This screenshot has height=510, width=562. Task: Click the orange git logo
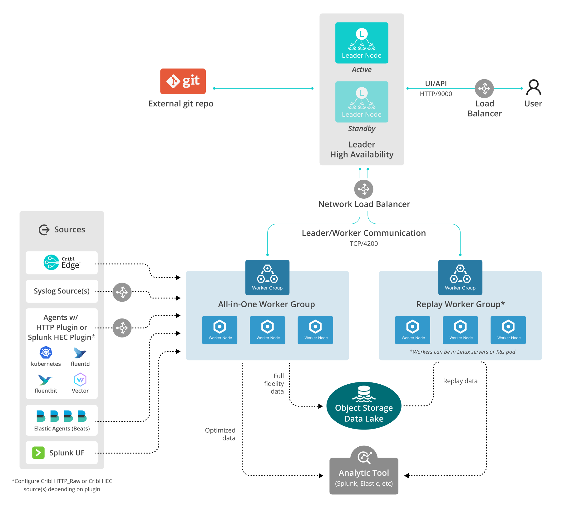pos(183,81)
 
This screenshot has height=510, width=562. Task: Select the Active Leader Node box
pos(362,43)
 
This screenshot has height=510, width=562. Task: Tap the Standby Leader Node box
pos(362,102)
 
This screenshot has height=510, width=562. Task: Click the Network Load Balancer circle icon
pos(363,189)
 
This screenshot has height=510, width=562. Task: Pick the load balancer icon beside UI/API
pos(484,89)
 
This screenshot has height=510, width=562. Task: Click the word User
pos(533,104)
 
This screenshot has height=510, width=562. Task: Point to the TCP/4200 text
pos(363,244)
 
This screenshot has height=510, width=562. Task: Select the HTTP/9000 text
pos(436,94)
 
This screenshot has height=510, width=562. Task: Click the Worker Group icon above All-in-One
pos(267,277)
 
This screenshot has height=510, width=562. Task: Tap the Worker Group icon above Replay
pos(460,277)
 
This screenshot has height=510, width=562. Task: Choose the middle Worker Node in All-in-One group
pos(268,330)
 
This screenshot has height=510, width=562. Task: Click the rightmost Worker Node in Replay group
pos(508,330)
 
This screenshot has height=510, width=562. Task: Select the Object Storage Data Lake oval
pos(364,406)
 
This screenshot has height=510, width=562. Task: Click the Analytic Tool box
pos(364,476)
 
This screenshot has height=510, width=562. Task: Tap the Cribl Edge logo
pos(52,262)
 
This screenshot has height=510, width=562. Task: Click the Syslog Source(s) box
pos(62,291)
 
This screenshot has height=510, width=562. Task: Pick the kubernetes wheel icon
pos(46,353)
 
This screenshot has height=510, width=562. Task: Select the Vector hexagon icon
pos(80,380)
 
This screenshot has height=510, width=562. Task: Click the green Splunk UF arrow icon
pos(38,453)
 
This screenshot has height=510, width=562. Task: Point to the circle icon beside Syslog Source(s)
pos(122,292)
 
